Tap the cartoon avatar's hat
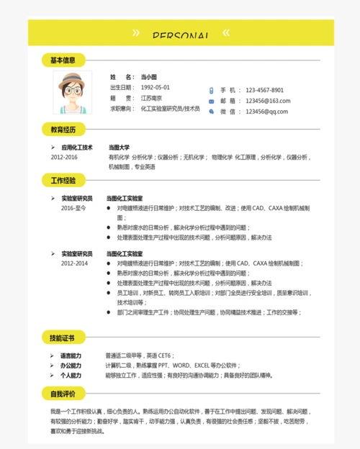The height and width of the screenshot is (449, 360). click(72, 78)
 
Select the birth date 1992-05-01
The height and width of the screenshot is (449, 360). click(156, 87)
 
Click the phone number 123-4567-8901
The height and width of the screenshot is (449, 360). click(264, 90)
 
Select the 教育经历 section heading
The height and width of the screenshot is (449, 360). click(63, 130)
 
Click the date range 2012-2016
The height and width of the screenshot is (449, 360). click(64, 156)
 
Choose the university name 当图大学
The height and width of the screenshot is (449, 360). click(119, 147)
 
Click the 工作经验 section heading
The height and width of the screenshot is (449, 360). click(63, 179)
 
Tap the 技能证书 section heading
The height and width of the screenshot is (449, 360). click(63, 337)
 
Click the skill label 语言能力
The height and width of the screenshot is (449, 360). click(71, 355)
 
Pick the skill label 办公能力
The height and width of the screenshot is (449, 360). click(71, 366)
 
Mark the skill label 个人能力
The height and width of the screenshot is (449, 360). click(71, 375)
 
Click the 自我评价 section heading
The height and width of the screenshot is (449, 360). click(63, 394)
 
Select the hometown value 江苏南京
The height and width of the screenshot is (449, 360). click(151, 98)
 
